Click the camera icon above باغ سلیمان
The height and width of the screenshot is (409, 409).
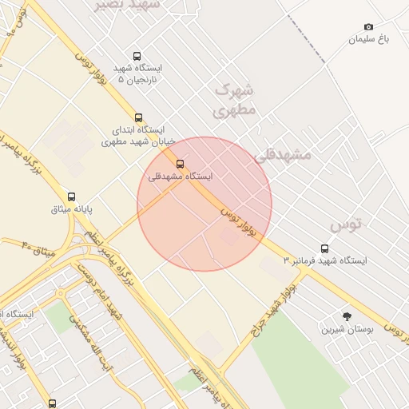pyautogui.click(x=368, y=27)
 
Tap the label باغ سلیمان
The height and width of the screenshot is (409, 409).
pyautogui.click(x=367, y=39)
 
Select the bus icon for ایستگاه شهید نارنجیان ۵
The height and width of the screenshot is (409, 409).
pyautogui.click(x=137, y=57)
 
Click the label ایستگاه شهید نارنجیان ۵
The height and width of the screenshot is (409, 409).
pyautogui.click(x=137, y=73)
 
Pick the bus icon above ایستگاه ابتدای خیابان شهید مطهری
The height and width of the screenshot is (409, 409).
pyautogui.click(x=138, y=117)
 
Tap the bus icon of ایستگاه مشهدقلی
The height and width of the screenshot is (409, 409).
pyautogui.click(x=179, y=165)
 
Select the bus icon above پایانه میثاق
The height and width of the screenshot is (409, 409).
pyautogui.click(x=71, y=197)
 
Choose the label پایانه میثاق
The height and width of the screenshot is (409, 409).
pyautogui.click(x=73, y=209)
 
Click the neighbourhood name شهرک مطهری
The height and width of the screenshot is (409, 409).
pyautogui.click(x=236, y=100)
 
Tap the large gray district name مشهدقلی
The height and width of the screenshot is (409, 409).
pyautogui.click(x=281, y=155)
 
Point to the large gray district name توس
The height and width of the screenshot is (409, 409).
pyautogui.click(x=346, y=224)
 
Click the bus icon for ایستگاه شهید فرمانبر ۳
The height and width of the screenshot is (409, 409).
pyautogui.click(x=324, y=248)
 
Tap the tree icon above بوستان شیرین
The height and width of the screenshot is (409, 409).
pyautogui.click(x=346, y=316)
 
